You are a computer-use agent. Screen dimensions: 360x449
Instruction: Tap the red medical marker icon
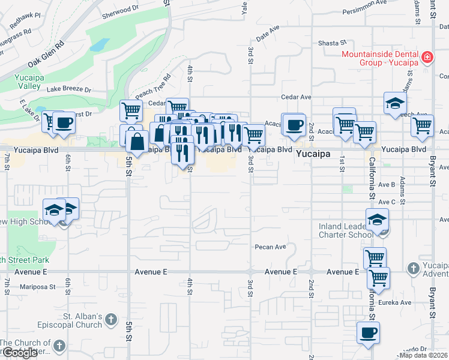427,58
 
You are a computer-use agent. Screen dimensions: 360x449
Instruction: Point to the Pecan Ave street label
270,247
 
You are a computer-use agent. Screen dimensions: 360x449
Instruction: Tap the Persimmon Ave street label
361,11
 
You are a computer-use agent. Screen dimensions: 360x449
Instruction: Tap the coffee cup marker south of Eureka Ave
368,332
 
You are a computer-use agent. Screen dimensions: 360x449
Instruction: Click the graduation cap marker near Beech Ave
396,103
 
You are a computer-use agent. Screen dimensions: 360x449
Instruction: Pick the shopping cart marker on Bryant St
423,126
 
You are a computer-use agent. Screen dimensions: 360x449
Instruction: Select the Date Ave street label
268,37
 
